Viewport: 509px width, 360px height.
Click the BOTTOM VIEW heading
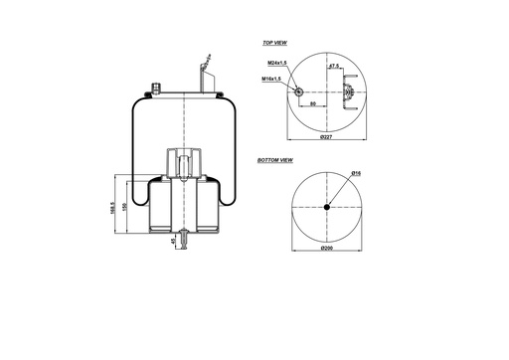tap(274, 159)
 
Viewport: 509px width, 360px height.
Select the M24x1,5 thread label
tap(277, 65)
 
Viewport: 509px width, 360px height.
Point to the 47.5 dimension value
tap(335, 66)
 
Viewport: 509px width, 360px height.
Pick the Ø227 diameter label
tap(326, 136)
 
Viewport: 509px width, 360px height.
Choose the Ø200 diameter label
tap(326, 249)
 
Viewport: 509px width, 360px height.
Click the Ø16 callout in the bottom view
tap(355, 174)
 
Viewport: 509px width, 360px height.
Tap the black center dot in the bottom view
tap(327, 207)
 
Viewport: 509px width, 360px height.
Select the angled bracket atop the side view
tap(205, 75)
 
